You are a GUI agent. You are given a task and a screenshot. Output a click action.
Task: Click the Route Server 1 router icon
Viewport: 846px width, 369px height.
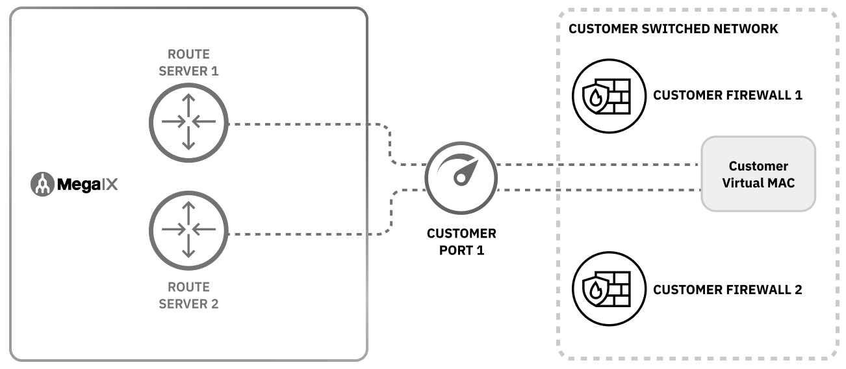[188, 122]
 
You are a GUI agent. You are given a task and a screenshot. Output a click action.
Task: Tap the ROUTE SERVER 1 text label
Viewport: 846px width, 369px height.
[188, 63]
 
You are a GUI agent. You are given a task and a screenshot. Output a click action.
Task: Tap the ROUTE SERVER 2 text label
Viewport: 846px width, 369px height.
[188, 295]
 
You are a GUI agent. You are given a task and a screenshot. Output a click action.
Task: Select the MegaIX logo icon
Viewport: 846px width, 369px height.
[42, 185]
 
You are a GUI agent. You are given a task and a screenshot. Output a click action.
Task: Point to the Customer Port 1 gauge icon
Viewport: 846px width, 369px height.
[461, 174]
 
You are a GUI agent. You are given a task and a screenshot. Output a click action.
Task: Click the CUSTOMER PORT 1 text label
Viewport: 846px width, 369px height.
[461, 241]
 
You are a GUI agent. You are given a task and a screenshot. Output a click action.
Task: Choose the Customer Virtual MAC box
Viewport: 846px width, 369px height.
[758, 174]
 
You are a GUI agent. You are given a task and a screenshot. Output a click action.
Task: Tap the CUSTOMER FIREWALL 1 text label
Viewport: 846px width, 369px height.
[728, 96]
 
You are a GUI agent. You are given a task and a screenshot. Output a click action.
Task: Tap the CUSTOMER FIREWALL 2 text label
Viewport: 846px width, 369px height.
[728, 290]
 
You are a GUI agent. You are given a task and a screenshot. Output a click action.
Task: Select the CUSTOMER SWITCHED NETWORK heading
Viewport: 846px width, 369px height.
[673, 29]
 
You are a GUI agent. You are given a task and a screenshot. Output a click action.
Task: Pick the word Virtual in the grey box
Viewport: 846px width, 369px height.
[742, 183]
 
